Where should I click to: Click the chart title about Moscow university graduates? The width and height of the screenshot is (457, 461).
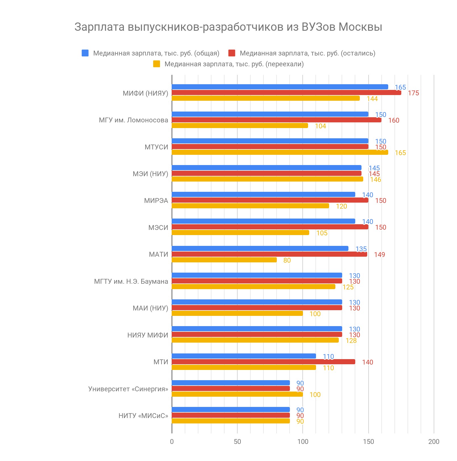228,27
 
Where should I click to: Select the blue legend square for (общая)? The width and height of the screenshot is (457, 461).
85,53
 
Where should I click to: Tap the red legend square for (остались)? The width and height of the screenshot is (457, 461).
232,53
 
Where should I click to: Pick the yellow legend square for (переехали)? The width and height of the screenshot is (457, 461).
156,64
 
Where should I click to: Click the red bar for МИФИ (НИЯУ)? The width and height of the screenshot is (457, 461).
286,92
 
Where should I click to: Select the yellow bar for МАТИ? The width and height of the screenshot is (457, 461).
224,260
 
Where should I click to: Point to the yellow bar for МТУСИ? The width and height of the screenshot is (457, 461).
280,152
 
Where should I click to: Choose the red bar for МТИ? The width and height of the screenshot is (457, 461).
263,362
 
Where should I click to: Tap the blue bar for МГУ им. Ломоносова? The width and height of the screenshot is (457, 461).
270,114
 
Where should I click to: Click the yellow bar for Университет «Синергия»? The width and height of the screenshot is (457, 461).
237,394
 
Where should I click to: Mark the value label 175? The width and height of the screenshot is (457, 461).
413,93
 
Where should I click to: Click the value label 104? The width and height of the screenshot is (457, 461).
320,126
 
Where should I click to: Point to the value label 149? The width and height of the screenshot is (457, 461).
379,255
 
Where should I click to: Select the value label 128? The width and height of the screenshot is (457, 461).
351,341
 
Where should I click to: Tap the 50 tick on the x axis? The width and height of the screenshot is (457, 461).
237,442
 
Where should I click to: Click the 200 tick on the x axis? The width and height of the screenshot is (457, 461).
434,442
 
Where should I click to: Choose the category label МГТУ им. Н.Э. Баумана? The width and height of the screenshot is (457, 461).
131,281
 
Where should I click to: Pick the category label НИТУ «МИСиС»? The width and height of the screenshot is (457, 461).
143,416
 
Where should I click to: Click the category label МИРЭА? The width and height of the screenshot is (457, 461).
156,201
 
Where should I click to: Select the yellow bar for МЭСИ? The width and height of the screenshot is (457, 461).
240,232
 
